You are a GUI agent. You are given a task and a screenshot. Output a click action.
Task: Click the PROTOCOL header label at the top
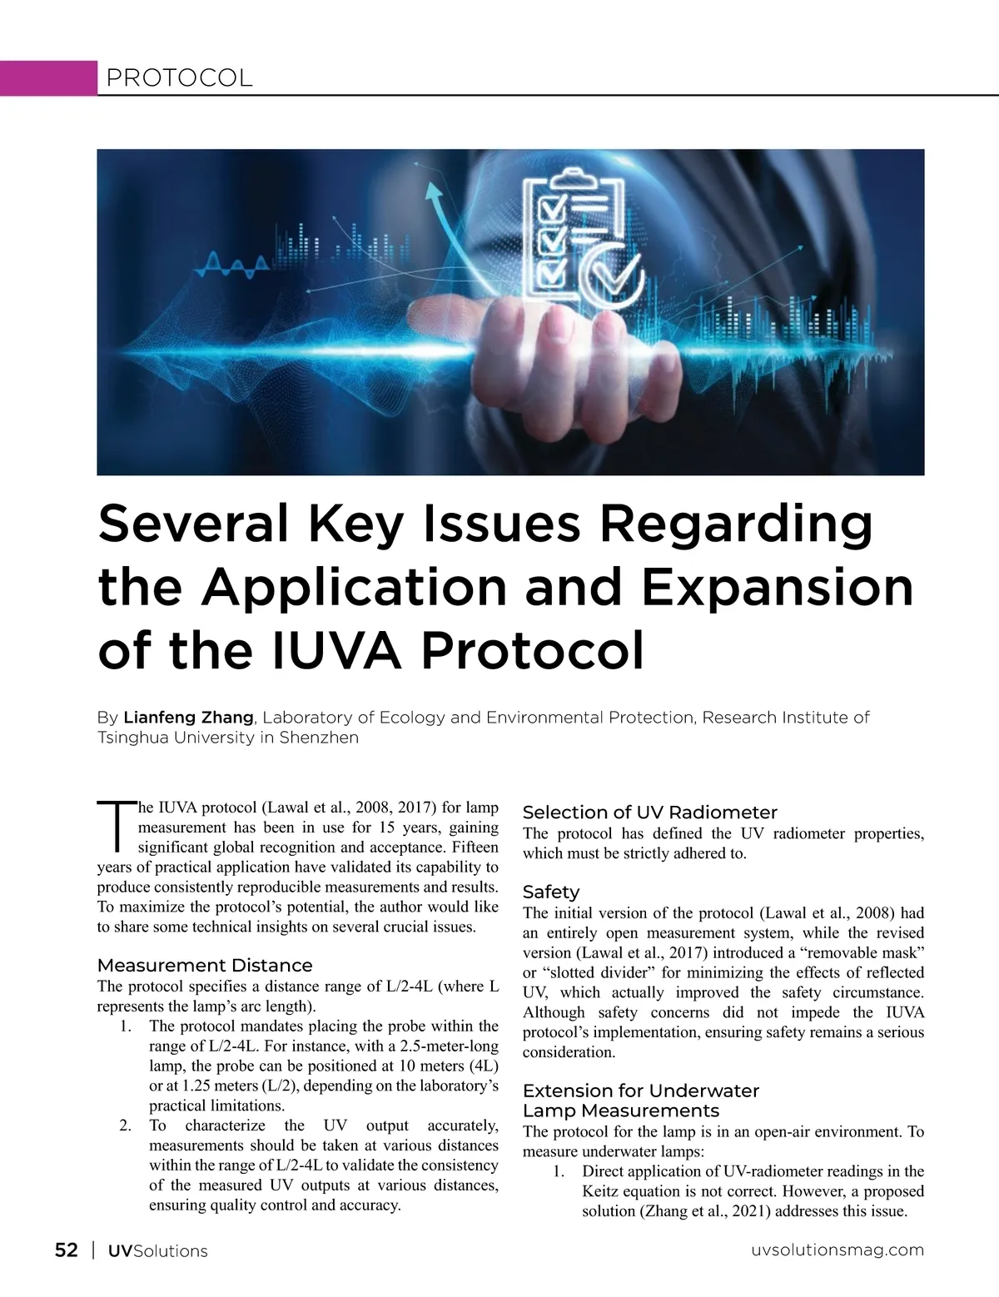pyautogui.click(x=179, y=78)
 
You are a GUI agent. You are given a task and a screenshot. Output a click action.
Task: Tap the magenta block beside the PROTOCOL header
pyautogui.click(x=48, y=78)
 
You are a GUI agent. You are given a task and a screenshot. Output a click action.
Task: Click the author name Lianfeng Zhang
pyautogui.click(x=188, y=718)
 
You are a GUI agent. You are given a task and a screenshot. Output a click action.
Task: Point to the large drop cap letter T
pyautogui.click(x=116, y=827)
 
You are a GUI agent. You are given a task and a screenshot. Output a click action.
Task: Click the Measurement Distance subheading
pyautogui.click(x=205, y=966)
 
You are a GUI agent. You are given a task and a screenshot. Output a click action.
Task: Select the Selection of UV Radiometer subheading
pyautogui.click(x=649, y=812)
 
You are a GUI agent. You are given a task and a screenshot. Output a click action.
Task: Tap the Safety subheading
pyautogui.click(x=550, y=892)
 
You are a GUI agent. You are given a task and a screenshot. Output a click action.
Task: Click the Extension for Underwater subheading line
pyautogui.click(x=640, y=1091)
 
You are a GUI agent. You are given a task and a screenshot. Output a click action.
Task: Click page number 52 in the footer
pyautogui.click(x=67, y=1250)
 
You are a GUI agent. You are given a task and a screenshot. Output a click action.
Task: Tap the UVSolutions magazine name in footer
pyautogui.click(x=158, y=1251)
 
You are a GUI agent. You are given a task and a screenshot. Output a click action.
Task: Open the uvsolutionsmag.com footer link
pyautogui.click(x=837, y=1250)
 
